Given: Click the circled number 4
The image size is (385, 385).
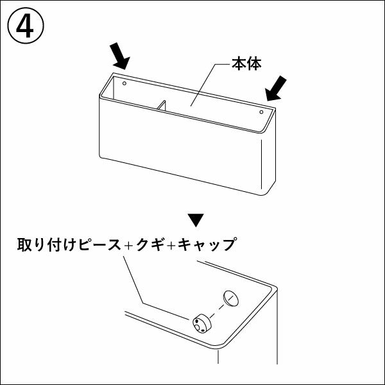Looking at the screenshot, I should click(x=26, y=26).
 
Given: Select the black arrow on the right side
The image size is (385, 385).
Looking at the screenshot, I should click(x=277, y=88).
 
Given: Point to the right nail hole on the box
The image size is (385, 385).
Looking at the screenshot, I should click(x=261, y=112).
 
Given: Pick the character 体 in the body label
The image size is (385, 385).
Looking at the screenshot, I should click(x=253, y=65).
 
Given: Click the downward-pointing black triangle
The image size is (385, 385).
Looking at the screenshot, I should click(x=198, y=220).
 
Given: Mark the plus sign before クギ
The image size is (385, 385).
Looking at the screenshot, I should click(x=128, y=246).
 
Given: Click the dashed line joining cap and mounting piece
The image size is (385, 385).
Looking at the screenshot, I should click(x=217, y=310).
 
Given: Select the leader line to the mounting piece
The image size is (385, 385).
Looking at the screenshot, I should click(x=138, y=282).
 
